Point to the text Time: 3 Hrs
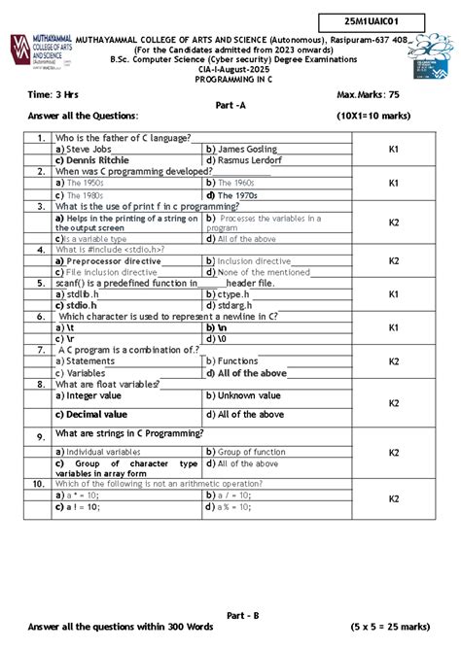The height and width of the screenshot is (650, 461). pos(53,95)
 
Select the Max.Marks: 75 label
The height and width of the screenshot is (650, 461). pos(369,95)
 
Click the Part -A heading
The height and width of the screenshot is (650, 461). pos(230,104)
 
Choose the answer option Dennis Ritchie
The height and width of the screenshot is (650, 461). pos(92,160)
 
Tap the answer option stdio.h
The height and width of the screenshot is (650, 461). pos(82,305)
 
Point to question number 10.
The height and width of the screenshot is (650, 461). pos(38,483)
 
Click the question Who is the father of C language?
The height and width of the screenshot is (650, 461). pos(123,138)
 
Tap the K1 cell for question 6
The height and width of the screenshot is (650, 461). pos(394,328)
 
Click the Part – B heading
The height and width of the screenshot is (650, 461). pos(242,615)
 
